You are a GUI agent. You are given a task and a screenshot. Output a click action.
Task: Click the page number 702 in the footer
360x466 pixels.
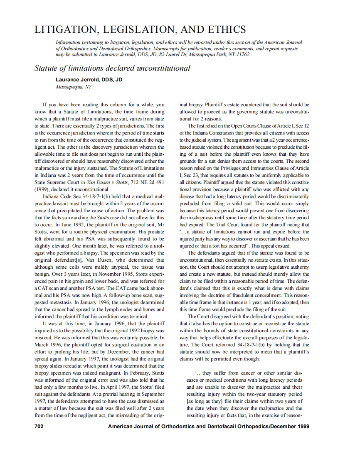[x=39, y=427]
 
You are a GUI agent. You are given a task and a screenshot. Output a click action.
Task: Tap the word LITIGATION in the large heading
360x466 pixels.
[x=64, y=29]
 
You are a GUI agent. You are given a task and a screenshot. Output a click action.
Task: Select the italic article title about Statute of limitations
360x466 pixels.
[x=112, y=68]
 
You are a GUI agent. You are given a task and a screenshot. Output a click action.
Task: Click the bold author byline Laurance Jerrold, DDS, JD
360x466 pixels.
[x=89, y=80]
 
